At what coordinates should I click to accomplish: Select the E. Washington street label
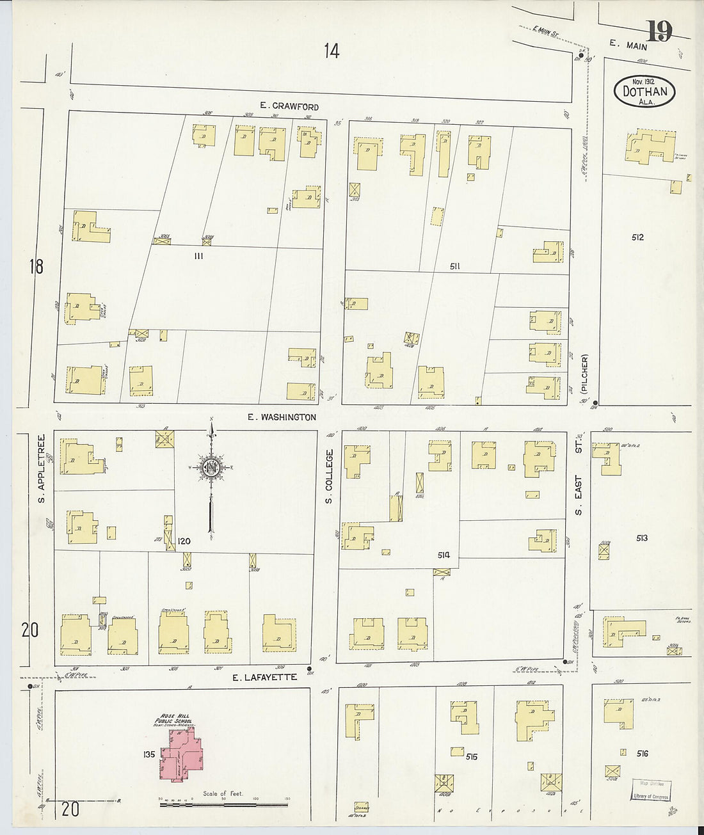point(282,417)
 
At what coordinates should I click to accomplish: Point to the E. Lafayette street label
point(264,677)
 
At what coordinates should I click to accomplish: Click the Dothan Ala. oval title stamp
point(644,91)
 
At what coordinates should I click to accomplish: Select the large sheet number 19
point(659,31)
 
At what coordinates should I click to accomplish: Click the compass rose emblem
point(211,468)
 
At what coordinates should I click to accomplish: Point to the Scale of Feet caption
point(223,793)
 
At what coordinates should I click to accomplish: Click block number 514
point(443,555)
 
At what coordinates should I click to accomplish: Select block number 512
point(637,237)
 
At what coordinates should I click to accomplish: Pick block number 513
point(642,538)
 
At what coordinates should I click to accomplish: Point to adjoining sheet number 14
point(331,51)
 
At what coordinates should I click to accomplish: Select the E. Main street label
point(628,45)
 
